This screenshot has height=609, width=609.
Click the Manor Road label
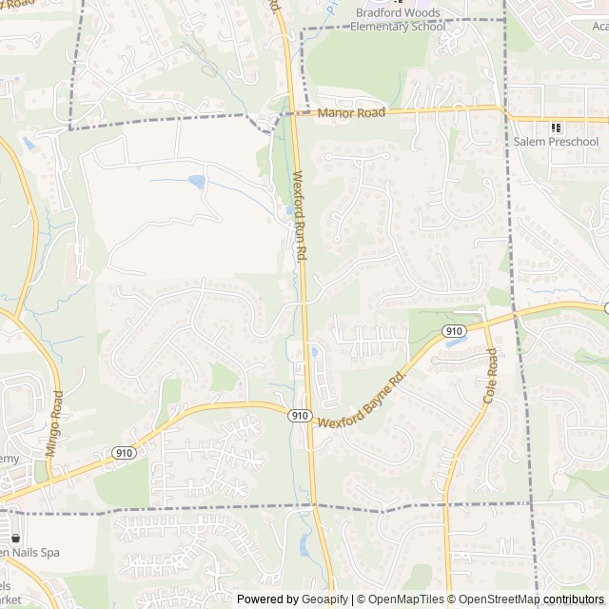point(350,112)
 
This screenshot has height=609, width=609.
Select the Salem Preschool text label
point(557,143)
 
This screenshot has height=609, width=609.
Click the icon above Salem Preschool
point(557,128)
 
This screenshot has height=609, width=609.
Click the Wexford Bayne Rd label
point(363,401)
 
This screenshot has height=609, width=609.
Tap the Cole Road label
point(490,376)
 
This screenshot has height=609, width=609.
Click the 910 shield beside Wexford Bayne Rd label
point(300,415)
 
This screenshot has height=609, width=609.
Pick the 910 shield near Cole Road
point(454,331)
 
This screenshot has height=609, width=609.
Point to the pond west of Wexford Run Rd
point(197,180)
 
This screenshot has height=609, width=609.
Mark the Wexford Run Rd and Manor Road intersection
point(294,113)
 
